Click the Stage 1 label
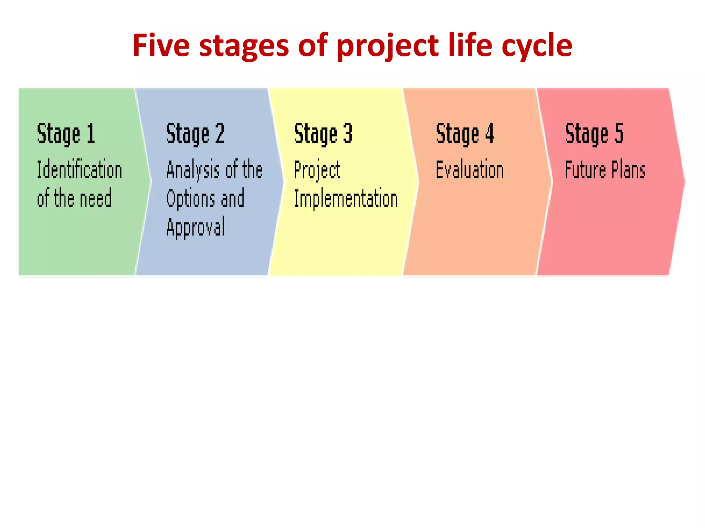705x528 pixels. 66,134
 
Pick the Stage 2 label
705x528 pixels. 195,134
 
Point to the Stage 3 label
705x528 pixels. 323,134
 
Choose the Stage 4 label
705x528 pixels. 465,134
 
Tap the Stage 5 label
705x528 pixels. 594,134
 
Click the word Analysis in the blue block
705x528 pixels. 193,170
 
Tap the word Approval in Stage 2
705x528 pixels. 196,227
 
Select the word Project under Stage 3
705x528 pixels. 317,170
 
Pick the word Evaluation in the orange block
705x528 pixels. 470,170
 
